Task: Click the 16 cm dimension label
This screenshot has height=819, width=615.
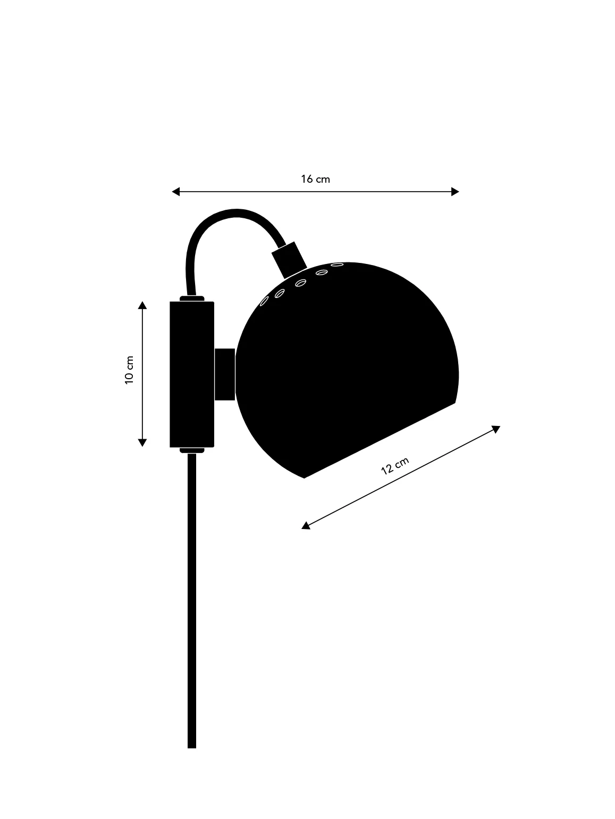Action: (316, 179)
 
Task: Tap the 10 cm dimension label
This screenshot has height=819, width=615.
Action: (129, 370)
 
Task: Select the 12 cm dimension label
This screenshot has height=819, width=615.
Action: (395, 466)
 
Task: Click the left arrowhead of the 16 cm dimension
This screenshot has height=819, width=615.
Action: (175, 192)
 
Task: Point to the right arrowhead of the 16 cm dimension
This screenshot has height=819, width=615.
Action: (455, 192)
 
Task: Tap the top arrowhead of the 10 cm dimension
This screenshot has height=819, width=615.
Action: (142, 305)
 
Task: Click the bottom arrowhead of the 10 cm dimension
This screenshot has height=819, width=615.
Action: (142, 443)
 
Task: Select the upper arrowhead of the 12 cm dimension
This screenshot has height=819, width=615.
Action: (496, 429)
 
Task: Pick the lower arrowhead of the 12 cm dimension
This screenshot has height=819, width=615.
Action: (306, 526)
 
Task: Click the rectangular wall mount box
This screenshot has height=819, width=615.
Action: (192, 374)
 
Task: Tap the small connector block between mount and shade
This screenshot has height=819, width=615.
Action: (225, 374)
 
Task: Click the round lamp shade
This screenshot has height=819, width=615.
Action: (347, 370)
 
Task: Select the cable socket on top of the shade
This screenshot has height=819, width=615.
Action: (289, 260)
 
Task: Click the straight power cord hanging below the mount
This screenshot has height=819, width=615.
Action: (192, 601)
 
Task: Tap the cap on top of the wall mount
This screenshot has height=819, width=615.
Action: (192, 298)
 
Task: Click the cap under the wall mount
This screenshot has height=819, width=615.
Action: (192, 450)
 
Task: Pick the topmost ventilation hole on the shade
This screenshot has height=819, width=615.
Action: (337, 265)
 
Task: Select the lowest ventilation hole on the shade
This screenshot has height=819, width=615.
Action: (264, 301)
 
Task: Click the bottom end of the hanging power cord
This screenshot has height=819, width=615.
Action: (192, 748)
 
